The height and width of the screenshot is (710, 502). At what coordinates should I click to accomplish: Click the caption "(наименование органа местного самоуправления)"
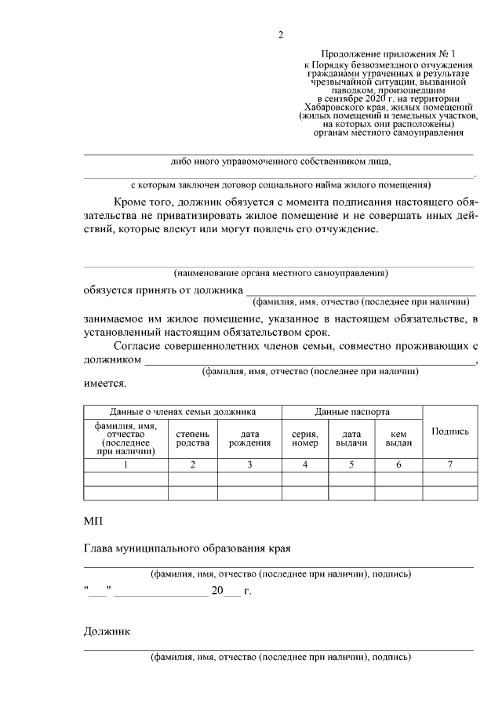[x=281, y=274]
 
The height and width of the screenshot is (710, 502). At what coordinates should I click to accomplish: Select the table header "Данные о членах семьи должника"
[x=182, y=412]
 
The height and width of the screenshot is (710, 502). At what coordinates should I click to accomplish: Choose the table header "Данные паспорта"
[x=352, y=412]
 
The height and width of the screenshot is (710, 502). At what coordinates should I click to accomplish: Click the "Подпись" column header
[x=450, y=431]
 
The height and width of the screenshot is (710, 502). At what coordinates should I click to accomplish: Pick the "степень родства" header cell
[x=192, y=438]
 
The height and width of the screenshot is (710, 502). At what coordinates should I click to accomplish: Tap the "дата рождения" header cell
[x=249, y=438]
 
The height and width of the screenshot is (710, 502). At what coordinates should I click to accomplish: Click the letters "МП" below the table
[x=93, y=521]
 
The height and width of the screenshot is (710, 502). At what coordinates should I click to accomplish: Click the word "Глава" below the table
[x=100, y=546]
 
